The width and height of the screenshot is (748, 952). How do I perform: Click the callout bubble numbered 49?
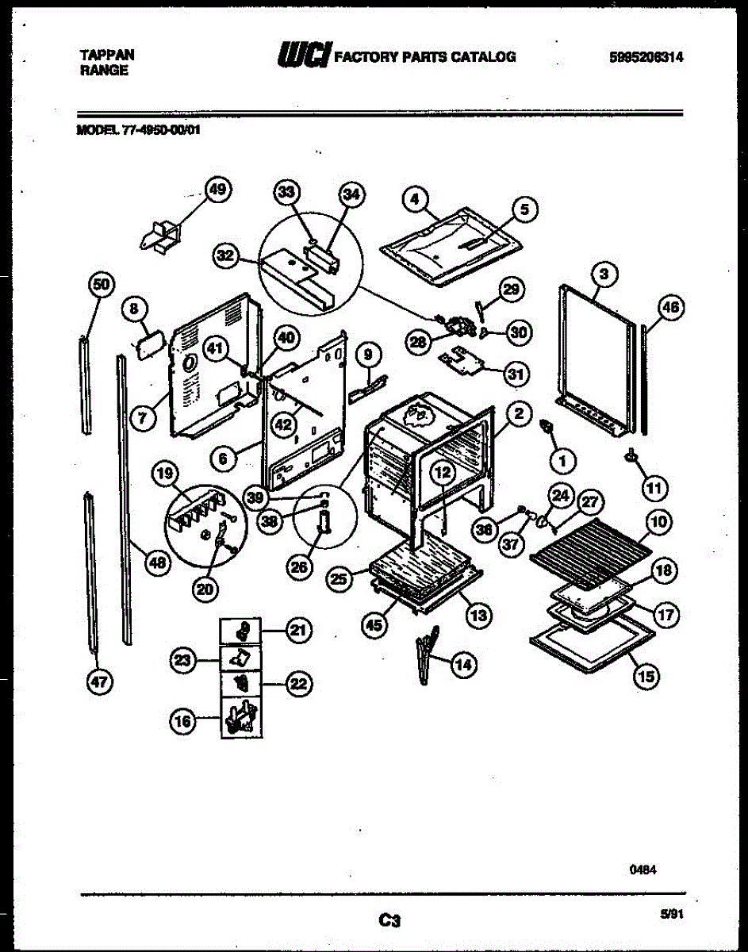[x=217, y=190]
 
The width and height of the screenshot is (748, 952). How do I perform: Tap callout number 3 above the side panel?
[x=604, y=274]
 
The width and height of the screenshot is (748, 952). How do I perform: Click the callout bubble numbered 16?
[x=182, y=721]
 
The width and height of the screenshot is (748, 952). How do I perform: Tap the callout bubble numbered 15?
[x=646, y=676]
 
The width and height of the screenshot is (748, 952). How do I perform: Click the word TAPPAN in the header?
[x=107, y=55]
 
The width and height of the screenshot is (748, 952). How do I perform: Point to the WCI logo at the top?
[x=303, y=55]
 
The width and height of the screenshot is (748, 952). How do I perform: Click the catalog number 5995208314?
[x=646, y=56]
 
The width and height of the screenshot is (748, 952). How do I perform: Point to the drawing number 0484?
[x=643, y=869]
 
